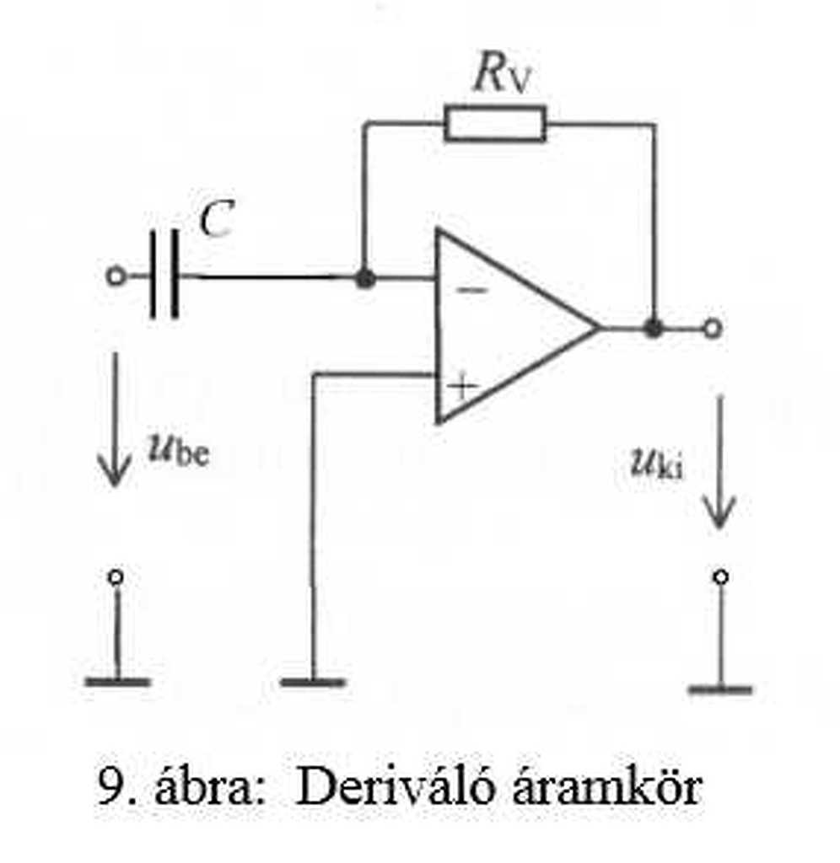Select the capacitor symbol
pos(164,276)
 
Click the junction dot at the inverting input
pos(364,277)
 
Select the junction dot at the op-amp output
pos(653,327)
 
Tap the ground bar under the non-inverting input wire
pos(313,682)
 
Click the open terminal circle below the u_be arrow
pos(116,577)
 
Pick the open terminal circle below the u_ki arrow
pos(719,577)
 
